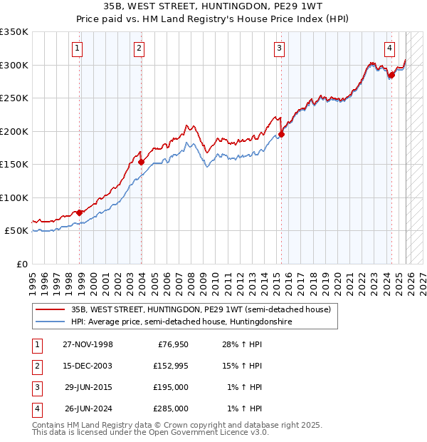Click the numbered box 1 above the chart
click(x=77, y=48)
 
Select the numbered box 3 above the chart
click(x=279, y=48)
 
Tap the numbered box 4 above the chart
click(x=390, y=48)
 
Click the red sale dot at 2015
click(x=281, y=134)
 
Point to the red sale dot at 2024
click(x=391, y=75)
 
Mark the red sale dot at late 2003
click(x=141, y=162)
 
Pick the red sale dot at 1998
click(x=80, y=212)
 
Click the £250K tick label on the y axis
click(x=14, y=98)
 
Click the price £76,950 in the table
click(x=170, y=344)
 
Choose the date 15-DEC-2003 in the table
click(x=88, y=366)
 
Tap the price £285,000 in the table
click(x=170, y=408)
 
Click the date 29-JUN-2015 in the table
click(x=88, y=387)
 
